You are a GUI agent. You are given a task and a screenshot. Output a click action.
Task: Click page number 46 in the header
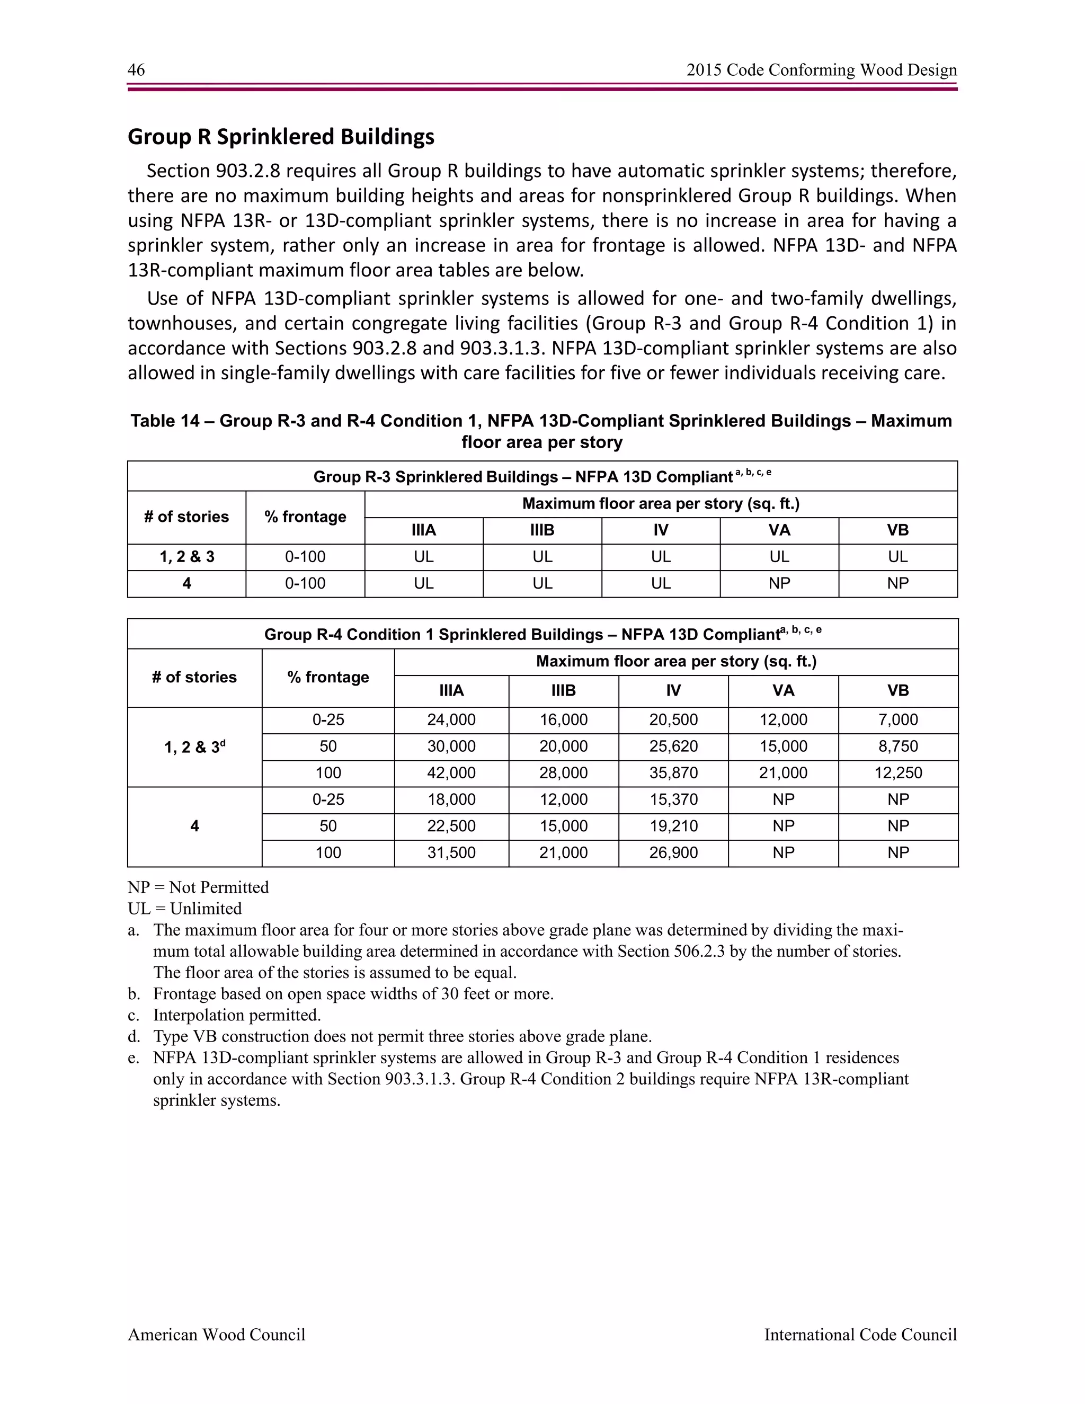point(136,70)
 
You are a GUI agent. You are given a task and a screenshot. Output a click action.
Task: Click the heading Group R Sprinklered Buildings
point(281,137)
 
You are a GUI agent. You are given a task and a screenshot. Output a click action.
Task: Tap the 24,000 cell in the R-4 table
point(451,720)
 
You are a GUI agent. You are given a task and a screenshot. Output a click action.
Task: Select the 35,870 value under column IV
point(673,772)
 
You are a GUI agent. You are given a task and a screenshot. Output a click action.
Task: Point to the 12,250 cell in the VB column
point(897,772)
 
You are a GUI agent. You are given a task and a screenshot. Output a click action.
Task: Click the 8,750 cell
point(897,747)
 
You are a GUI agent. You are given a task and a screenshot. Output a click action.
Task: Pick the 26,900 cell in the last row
point(673,853)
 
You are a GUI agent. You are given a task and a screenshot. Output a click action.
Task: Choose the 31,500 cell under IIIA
point(451,853)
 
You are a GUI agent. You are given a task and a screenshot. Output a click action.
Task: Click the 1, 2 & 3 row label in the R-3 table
point(186,557)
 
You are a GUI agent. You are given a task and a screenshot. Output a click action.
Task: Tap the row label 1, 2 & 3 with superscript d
point(194,747)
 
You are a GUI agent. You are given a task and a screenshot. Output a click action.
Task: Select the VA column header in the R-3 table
point(779,530)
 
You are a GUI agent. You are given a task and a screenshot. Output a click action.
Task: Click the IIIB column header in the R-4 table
point(563,690)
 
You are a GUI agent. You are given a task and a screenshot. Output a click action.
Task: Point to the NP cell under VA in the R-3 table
point(779,584)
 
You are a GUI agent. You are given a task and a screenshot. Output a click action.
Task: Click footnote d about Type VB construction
point(402,1036)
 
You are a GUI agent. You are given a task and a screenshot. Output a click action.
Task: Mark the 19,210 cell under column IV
point(673,826)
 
